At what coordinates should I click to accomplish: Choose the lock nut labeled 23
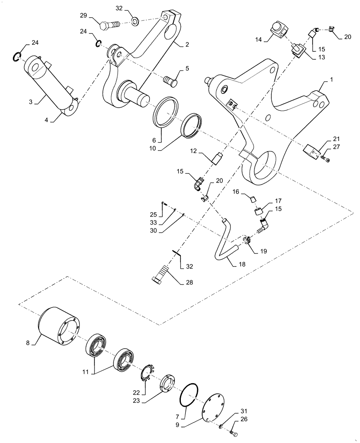(169, 382)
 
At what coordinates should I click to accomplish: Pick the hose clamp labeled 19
(246, 240)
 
